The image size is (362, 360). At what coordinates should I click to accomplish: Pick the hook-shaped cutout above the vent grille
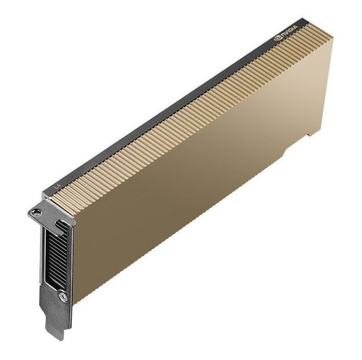click(x=60, y=224)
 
